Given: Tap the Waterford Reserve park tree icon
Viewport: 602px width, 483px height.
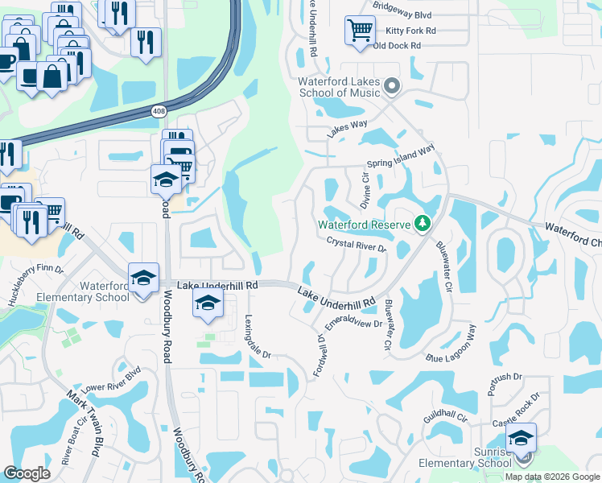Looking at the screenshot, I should click(422, 223).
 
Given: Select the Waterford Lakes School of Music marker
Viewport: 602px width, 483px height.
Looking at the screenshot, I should click(392, 86).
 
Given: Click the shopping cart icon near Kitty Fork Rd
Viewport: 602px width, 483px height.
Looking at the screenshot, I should click(360, 31).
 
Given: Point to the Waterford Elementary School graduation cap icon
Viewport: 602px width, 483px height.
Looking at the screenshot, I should click(143, 279).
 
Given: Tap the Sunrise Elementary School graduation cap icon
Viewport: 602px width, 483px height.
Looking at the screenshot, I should click(521, 439).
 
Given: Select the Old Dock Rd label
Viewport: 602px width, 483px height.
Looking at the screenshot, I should click(398, 46).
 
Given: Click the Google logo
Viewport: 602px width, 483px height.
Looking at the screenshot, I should click(27, 473).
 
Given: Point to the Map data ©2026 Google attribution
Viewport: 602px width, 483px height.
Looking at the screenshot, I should click(552, 477).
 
